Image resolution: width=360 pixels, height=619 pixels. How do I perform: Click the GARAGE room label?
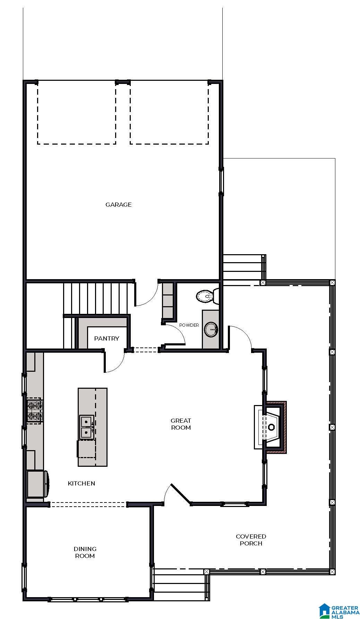point(118,205)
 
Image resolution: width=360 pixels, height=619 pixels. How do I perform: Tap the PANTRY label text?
point(106,338)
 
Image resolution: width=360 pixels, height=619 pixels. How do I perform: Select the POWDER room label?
point(189,325)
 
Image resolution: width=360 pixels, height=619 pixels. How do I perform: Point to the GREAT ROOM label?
point(181,424)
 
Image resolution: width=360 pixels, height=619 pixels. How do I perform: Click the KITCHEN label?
point(82,483)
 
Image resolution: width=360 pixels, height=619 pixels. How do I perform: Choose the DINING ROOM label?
point(85,552)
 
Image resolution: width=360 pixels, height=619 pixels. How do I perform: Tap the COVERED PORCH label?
point(251,540)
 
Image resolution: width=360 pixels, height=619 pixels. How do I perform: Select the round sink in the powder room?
point(211,329)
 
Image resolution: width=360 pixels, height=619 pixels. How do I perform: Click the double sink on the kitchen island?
point(86,427)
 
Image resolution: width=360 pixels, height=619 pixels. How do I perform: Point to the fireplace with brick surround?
point(274,427)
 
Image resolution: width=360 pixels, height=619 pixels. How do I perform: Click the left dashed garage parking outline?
point(77,113)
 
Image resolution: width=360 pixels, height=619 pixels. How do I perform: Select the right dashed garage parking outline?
point(169,113)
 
